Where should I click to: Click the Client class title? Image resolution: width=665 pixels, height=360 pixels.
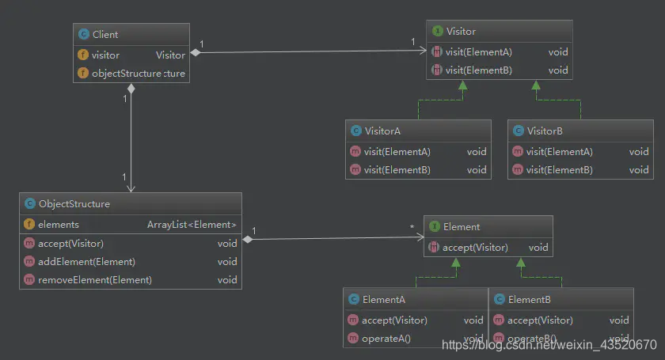105,35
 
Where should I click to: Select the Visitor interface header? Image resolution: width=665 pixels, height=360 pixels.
461,32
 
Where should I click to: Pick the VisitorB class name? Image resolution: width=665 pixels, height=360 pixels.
544,131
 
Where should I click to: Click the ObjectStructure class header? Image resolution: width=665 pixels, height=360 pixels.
74,204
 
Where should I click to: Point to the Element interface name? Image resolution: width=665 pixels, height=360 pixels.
461,227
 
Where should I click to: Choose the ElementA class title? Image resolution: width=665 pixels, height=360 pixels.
383,300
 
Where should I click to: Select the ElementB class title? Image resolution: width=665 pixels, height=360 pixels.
529,300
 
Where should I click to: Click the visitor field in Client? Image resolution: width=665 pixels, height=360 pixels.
105,55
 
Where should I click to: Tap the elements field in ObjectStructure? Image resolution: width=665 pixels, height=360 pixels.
58,225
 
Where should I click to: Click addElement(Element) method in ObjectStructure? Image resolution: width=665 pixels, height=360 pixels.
86,262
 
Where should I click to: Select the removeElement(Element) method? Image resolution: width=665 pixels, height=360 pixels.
94,280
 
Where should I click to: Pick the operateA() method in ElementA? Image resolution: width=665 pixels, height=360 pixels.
386,339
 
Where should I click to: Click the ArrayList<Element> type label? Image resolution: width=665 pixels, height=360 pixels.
192,225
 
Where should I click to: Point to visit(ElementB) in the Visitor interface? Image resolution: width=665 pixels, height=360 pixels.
478,70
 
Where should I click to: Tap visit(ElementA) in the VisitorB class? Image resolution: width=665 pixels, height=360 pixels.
559,152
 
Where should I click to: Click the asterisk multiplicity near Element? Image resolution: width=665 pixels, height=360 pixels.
412,229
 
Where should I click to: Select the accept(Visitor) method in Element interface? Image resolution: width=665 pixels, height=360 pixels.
475,248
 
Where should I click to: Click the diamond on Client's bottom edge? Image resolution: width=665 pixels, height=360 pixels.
131,89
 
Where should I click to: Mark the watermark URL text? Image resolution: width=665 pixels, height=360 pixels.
549,345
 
